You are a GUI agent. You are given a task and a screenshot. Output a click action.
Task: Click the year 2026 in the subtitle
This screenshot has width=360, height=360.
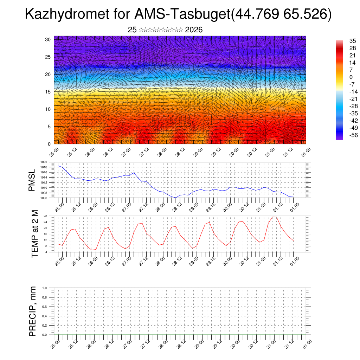click(x=193, y=30)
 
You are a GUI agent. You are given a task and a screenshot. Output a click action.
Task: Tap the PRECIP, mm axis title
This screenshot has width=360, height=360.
click(x=33, y=311)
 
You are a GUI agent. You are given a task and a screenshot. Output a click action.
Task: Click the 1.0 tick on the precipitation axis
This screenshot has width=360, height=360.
click(x=45, y=288)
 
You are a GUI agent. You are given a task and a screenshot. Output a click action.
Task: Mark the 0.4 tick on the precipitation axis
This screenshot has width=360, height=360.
click(x=45, y=316)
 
